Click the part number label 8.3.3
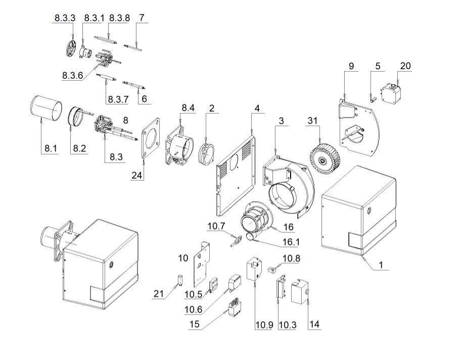65,19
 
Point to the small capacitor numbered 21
179,280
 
